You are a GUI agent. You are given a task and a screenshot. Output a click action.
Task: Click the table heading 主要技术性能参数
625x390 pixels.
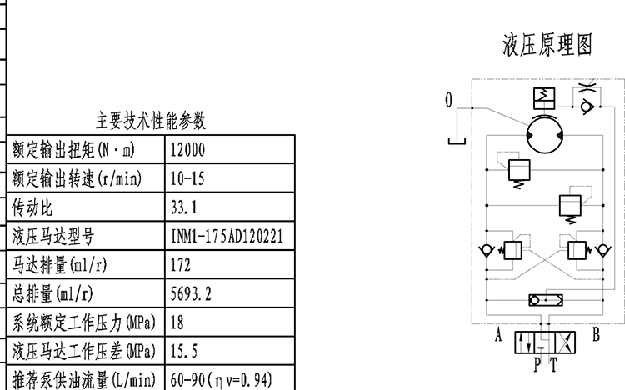coord(151,122)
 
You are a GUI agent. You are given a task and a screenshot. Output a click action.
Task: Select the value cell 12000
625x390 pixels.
coord(187,151)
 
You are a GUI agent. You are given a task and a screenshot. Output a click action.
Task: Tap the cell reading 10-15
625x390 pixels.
coord(187,179)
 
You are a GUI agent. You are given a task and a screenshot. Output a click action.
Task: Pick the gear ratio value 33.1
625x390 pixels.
coord(183,207)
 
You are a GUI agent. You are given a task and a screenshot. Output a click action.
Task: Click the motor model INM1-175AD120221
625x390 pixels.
coord(227,237)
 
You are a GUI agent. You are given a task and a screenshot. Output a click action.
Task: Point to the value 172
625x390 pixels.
coord(180,265)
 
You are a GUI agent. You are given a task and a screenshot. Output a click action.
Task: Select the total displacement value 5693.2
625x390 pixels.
coord(190,293)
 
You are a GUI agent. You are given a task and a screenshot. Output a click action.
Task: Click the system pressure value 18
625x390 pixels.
coord(177,322)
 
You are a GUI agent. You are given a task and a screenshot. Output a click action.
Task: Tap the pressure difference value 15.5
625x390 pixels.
coord(183,351)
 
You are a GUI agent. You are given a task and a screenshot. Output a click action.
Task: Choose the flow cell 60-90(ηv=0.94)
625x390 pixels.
coord(220,379)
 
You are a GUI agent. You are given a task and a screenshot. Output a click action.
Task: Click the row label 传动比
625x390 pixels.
coord(32,207)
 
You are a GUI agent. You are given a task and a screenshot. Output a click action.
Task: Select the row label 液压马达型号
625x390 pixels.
coord(53,237)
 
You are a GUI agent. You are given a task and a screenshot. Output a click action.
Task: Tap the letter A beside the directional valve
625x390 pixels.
coord(498,336)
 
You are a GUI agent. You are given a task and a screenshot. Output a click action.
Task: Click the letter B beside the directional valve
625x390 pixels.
coord(596,336)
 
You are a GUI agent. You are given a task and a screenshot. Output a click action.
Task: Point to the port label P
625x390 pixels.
coord(537,363)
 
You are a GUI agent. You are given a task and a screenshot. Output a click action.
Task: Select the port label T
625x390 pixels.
coord(553,363)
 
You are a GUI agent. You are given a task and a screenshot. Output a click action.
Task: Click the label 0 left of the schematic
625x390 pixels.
coord(449,101)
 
